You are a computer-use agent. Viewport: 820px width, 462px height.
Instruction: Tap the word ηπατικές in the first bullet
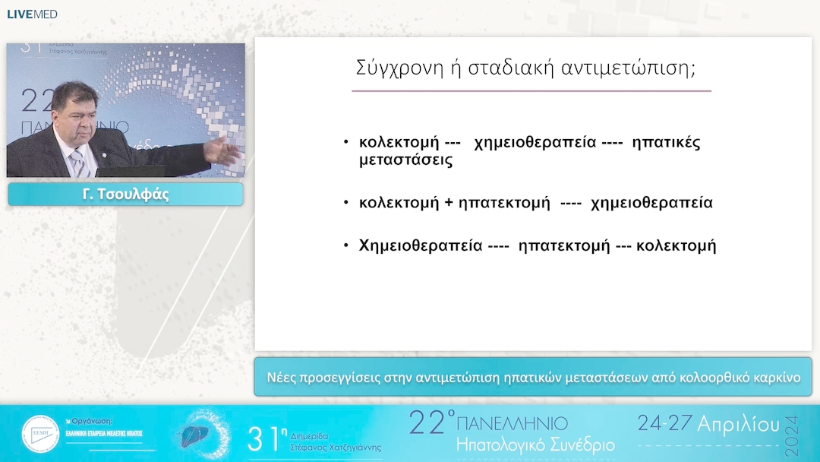tap(666, 142)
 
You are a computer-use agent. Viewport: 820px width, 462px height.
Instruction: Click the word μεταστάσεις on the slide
tap(405, 160)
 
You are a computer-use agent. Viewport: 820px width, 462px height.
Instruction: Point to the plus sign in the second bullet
tap(448, 203)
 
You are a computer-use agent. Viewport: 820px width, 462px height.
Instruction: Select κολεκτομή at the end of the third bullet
tap(676, 246)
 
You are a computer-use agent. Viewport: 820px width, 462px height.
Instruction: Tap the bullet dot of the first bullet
tap(346, 142)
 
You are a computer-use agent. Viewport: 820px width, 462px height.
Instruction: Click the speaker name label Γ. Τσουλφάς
tap(125, 195)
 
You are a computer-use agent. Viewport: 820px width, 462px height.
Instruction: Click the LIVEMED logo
tap(32, 14)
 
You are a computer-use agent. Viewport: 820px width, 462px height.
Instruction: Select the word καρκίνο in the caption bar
tap(774, 377)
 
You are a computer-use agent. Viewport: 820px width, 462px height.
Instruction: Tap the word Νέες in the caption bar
tap(282, 377)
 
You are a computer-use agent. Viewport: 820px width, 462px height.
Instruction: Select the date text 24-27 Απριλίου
tap(708, 424)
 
